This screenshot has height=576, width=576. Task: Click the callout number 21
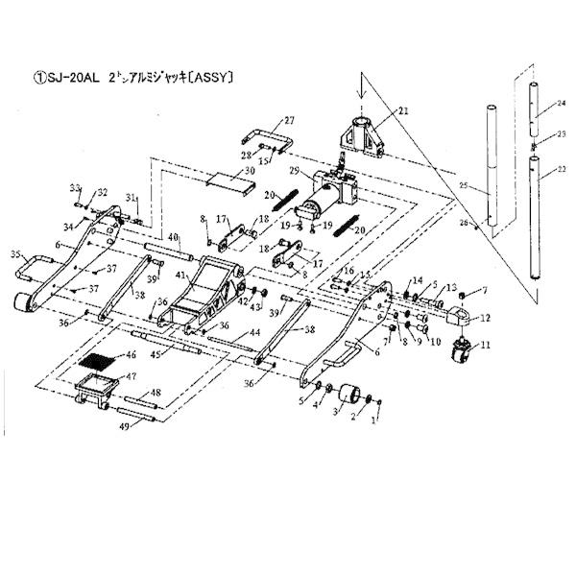click(402, 111)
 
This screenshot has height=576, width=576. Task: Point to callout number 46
click(131, 355)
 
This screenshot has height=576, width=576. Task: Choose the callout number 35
click(14, 254)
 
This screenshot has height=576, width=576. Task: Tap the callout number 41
click(180, 276)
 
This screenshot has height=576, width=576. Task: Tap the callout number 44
click(254, 332)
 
